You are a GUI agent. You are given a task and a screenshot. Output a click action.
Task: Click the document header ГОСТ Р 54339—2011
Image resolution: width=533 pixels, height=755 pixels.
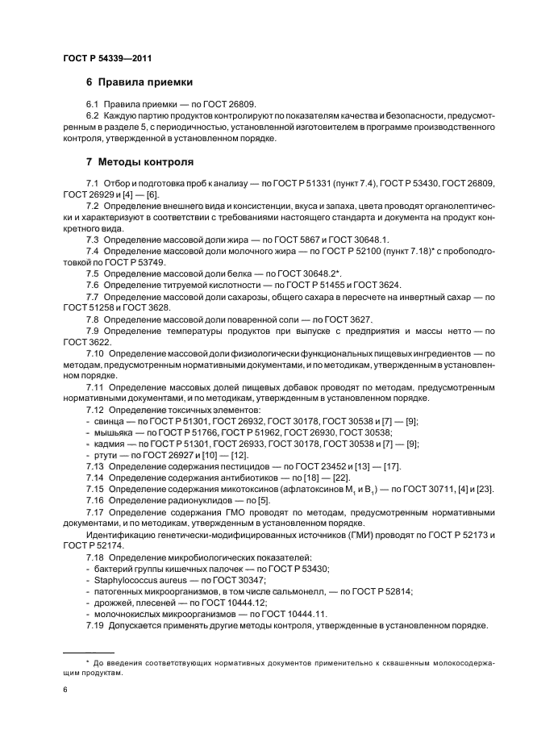point(107,59)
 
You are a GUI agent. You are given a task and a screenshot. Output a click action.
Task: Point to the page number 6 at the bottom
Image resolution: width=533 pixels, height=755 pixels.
point(65,690)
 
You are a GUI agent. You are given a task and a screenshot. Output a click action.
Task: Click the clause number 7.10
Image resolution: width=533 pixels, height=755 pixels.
point(97,353)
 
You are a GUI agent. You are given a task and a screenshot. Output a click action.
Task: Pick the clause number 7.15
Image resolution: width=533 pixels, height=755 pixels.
point(97,489)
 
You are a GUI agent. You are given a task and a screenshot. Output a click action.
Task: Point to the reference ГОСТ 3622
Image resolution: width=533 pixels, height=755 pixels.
point(85,342)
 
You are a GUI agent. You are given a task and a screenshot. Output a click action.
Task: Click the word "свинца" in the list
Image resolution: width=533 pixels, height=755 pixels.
point(109,421)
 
